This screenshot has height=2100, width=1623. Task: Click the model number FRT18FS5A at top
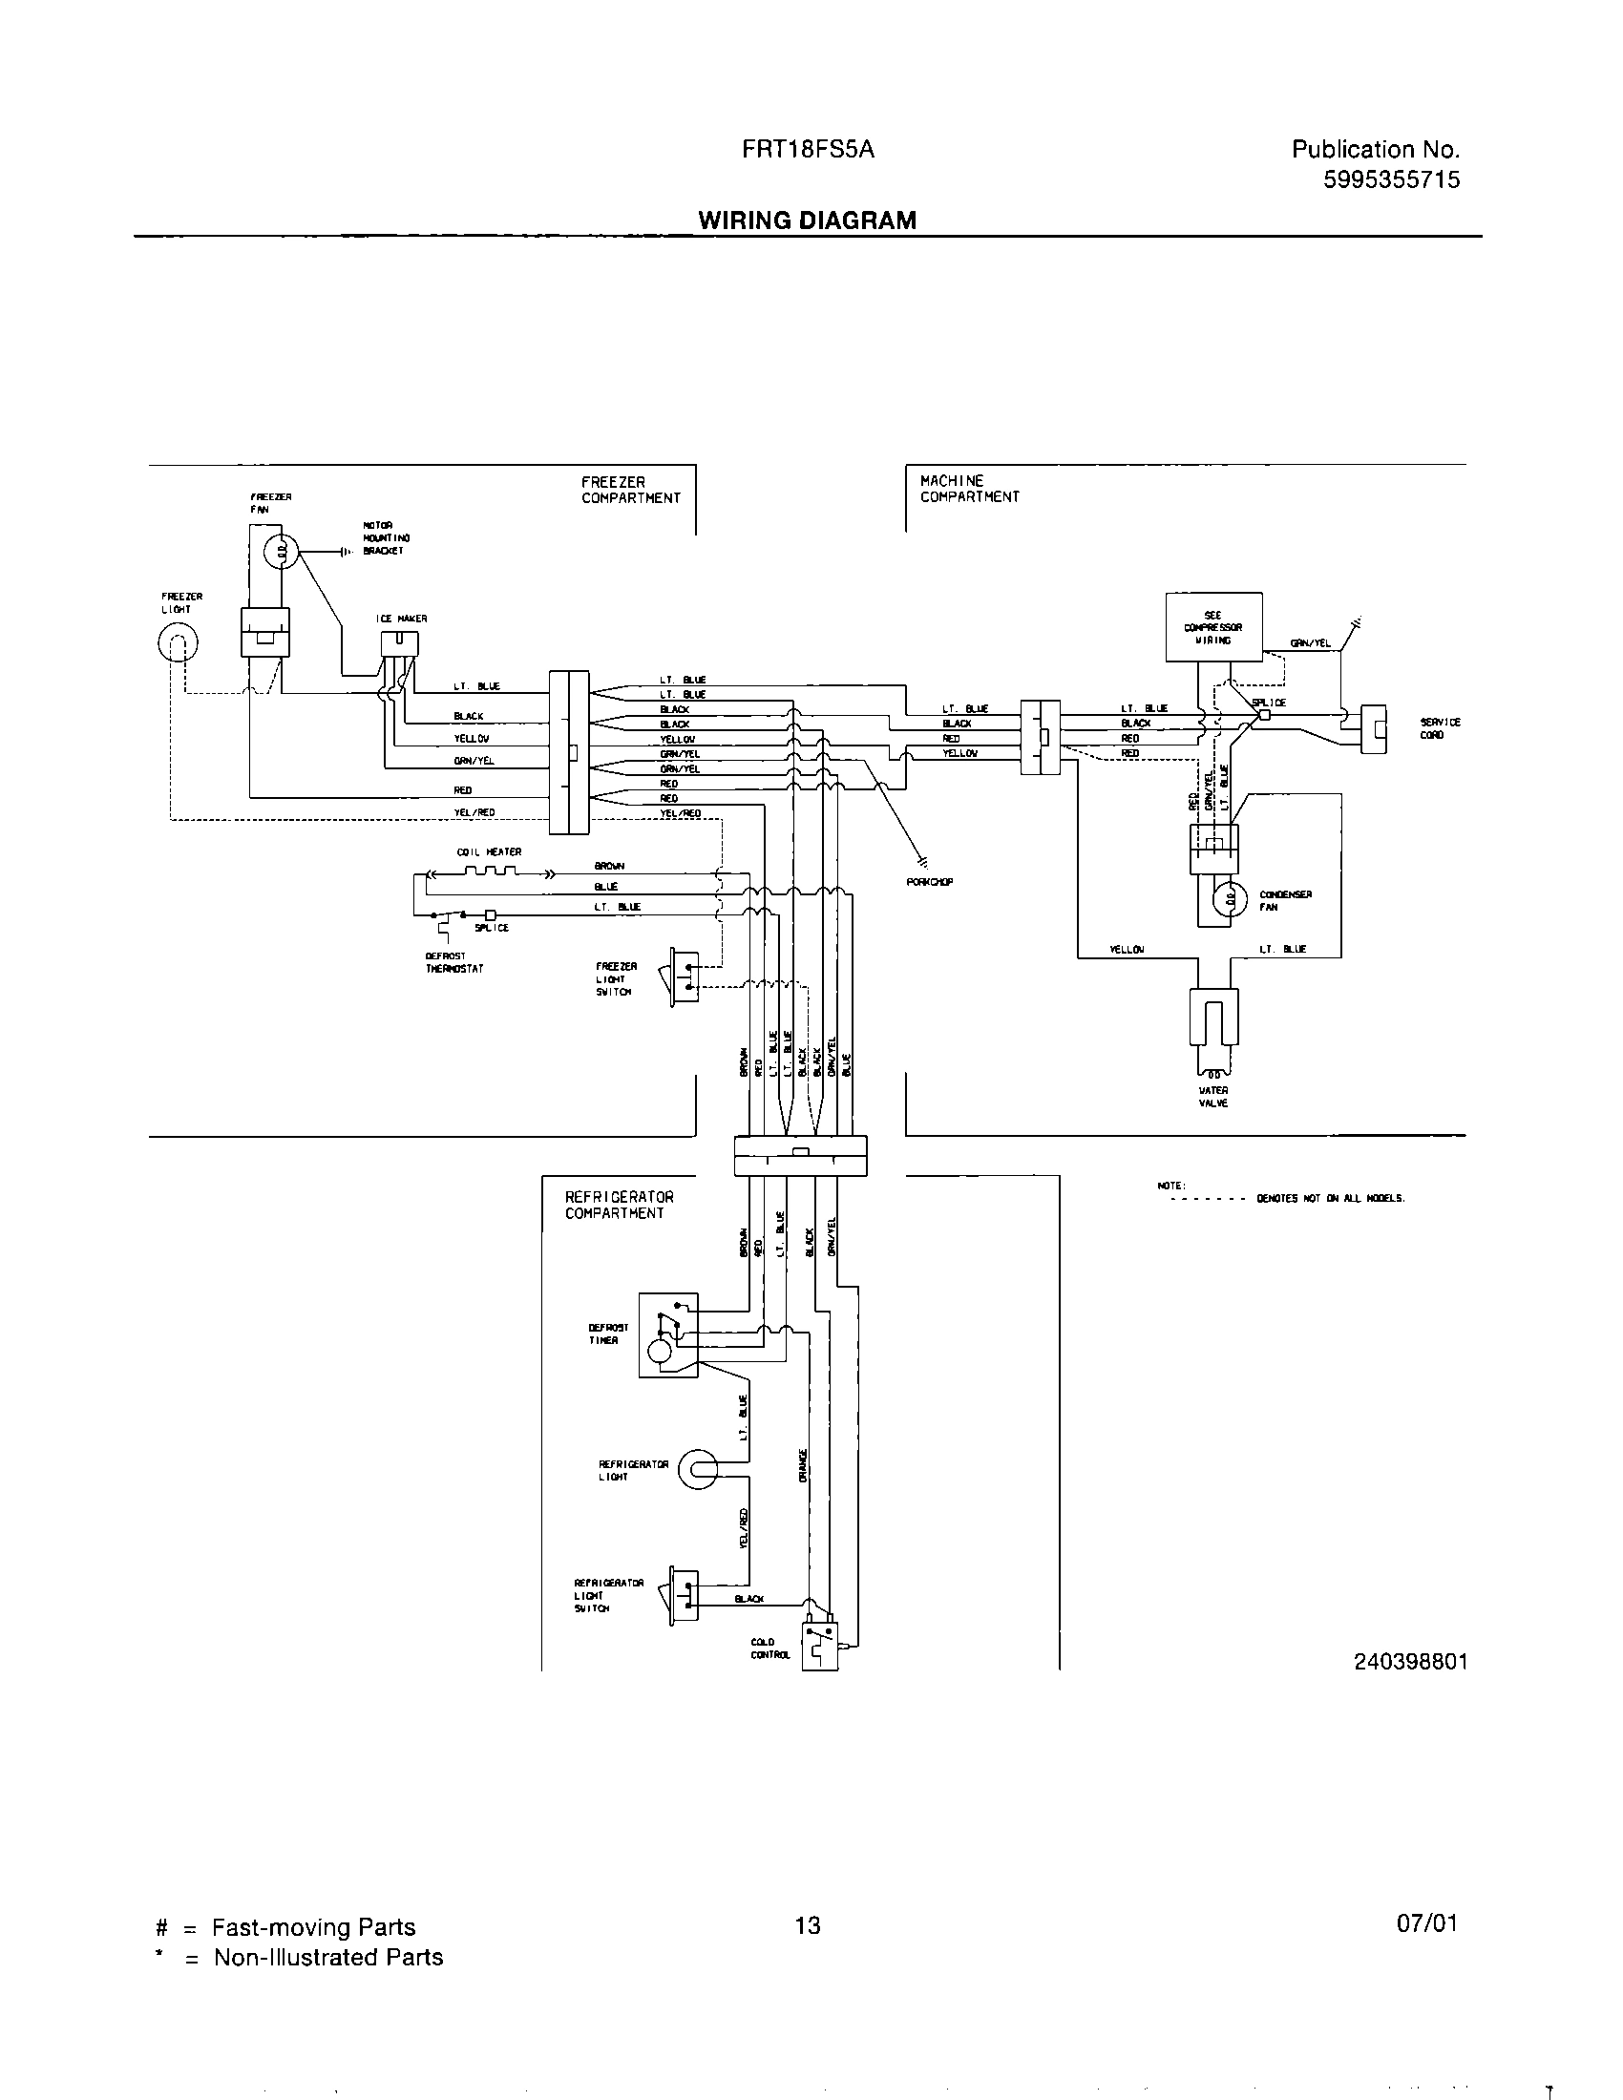click(x=808, y=150)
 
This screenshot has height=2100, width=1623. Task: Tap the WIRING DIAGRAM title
click(x=807, y=220)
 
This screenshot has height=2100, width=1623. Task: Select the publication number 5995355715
click(x=1390, y=179)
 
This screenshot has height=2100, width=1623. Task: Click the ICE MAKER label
click(x=401, y=619)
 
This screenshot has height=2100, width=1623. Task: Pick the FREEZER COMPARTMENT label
click(x=630, y=490)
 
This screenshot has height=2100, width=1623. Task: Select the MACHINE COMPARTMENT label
click(x=968, y=489)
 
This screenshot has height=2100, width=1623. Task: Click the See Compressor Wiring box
click(x=1213, y=627)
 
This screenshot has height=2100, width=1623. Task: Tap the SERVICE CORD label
click(x=1440, y=728)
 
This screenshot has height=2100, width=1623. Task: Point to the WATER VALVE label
click(x=1212, y=1097)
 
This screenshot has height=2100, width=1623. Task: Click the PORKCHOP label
click(x=929, y=881)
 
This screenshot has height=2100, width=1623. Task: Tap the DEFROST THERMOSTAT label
click(x=453, y=962)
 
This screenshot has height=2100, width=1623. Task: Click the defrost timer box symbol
click(x=668, y=1334)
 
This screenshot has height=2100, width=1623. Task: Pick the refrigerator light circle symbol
click(x=698, y=1469)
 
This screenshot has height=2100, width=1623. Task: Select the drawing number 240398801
click(x=1410, y=1662)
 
